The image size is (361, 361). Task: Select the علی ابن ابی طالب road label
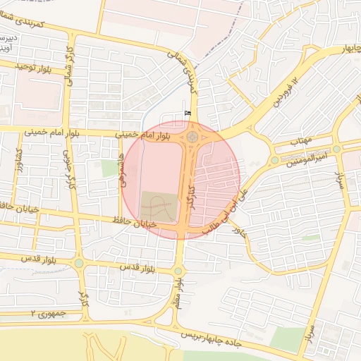click(221, 207)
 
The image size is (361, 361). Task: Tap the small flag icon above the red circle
click(188, 114)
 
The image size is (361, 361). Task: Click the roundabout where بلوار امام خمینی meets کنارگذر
click(192, 135)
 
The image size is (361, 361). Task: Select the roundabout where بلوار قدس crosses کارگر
click(79, 264)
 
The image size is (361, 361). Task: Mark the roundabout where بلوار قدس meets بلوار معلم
click(178, 271)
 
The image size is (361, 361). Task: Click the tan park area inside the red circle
click(158, 207)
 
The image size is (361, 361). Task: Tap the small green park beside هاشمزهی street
click(109, 169)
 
